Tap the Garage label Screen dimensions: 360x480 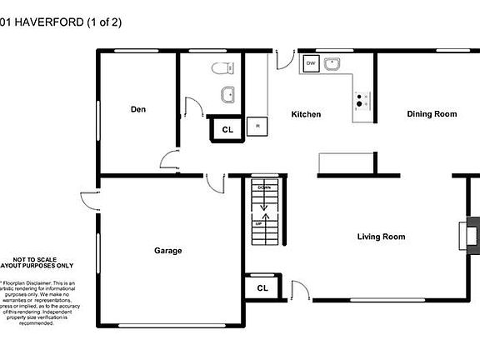[x=167, y=250]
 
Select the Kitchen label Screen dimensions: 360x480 [x=306, y=114]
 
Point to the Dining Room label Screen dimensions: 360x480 [x=432, y=114]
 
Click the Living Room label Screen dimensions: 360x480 [x=381, y=237]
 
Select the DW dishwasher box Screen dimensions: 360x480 [x=311, y=63]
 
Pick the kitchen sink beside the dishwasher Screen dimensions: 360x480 [x=332, y=63]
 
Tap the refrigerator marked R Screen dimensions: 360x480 [x=258, y=126]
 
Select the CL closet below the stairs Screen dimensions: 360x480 [x=262, y=288]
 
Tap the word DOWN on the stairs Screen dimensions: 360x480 [x=264, y=187]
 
